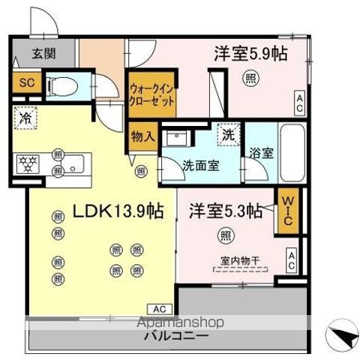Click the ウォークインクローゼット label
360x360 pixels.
pyautogui.click(x=152, y=94)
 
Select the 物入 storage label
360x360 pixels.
pyautogui.click(x=142, y=136)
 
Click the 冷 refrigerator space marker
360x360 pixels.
pyautogui.click(x=26, y=118)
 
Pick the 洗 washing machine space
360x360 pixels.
pyautogui.click(x=226, y=135)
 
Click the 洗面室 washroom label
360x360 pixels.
pyautogui.click(x=200, y=166)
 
